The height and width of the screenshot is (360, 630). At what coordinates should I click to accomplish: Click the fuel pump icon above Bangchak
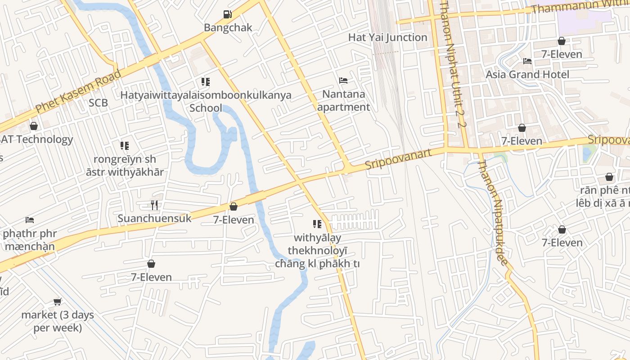[228, 14]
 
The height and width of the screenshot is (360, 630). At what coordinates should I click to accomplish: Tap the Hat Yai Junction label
[387, 37]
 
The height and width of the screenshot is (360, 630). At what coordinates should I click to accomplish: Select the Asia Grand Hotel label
[527, 74]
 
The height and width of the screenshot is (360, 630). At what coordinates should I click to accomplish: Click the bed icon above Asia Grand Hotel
[527, 61]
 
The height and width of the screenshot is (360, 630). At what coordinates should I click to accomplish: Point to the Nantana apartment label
[343, 101]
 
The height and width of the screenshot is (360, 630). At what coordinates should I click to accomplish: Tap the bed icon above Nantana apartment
[343, 81]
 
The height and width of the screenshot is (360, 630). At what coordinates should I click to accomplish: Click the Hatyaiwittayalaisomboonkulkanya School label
[206, 101]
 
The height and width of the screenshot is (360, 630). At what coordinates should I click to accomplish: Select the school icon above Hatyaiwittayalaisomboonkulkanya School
[206, 82]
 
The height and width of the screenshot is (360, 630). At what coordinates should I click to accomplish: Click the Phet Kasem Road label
[78, 92]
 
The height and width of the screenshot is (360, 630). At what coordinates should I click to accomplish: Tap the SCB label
[98, 103]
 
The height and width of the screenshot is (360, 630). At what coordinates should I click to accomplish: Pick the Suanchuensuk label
[154, 219]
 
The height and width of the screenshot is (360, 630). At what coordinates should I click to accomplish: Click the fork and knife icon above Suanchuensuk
[154, 205]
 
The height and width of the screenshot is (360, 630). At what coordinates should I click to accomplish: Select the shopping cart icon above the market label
[58, 301]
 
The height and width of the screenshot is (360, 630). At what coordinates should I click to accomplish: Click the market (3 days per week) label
[58, 321]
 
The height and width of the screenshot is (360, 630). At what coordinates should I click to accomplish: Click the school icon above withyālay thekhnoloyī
[317, 224]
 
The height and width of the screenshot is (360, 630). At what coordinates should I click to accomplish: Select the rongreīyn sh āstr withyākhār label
[125, 166]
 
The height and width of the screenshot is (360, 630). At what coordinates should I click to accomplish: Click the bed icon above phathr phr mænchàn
[30, 220]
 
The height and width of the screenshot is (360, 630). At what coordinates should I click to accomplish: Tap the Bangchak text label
[228, 27]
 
